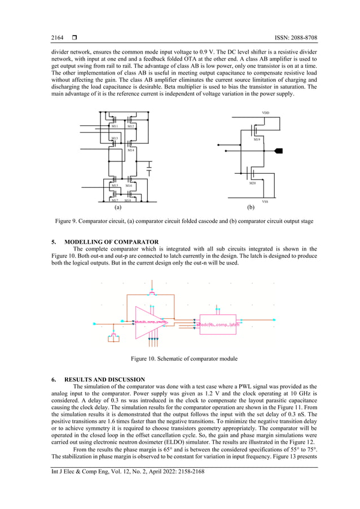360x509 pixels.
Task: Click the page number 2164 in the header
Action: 57,38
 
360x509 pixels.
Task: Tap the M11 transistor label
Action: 115,126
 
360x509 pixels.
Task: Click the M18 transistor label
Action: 128,200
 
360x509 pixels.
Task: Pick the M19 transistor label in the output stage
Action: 257,139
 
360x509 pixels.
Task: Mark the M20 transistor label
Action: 252,183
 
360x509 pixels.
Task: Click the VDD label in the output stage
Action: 265,113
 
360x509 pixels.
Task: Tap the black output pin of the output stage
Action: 278,151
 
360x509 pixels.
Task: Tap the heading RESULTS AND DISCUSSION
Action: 105,379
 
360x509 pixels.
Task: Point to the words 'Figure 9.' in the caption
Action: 69,221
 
